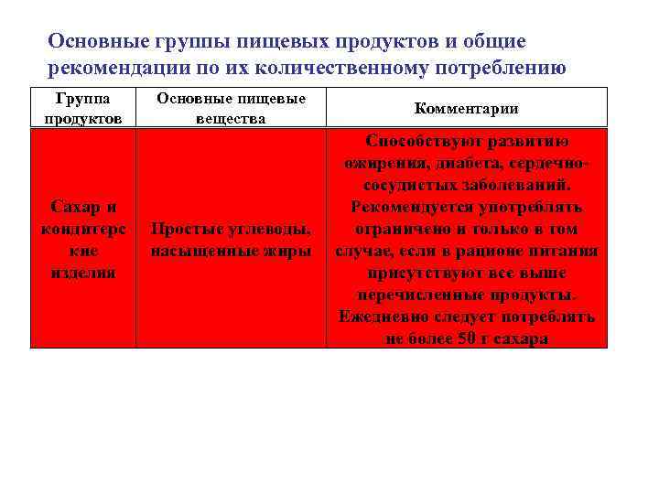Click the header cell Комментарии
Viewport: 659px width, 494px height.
(466, 108)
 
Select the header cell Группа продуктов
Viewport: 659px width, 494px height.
(82, 107)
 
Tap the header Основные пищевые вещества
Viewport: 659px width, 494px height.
(231, 107)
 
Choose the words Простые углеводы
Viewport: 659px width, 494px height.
(231, 229)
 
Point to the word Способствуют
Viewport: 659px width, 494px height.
(416, 141)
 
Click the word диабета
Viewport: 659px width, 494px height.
(449, 163)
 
